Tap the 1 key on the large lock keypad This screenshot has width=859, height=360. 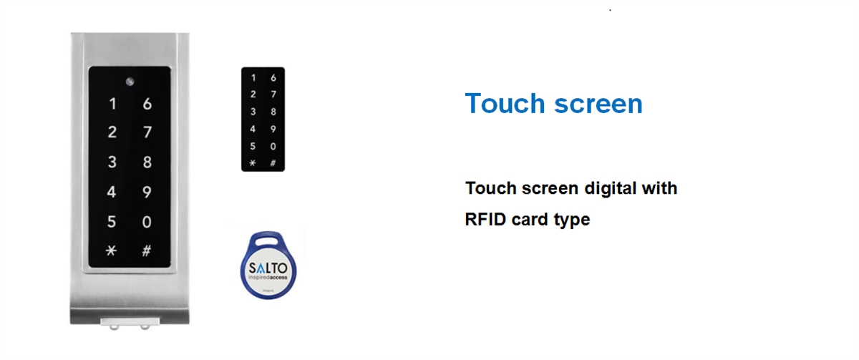pyautogui.click(x=112, y=104)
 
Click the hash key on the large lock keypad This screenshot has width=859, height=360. pyautogui.click(x=147, y=250)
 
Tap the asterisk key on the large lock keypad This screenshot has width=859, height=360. pyautogui.click(x=111, y=250)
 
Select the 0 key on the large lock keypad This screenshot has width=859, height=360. pyautogui.click(x=147, y=222)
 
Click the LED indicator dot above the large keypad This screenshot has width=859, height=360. pyautogui.click(x=130, y=82)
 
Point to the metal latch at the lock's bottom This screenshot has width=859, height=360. pyautogui.click(x=130, y=323)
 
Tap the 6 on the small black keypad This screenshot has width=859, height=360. pyautogui.click(x=273, y=78)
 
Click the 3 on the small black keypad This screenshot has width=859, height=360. pyautogui.click(x=253, y=112)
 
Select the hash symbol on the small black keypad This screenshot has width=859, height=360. pyautogui.click(x=273, y=163)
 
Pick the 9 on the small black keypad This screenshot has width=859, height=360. pyautogui.click(x=273, y=130)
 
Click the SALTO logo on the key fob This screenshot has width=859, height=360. pyautogui.click(x=268, y=268)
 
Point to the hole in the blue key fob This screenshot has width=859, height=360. pyautogui.click(x=268, y=241)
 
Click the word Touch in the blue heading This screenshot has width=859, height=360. pyautogui.click(x=505, y=103)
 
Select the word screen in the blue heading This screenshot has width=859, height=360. pyautogui.click(x=598, y=104)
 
